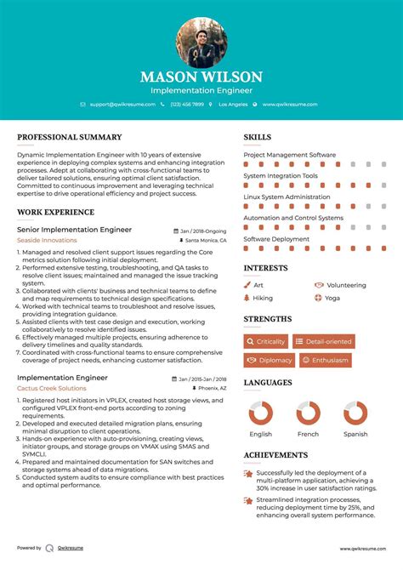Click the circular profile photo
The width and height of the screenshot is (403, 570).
pos(201,43)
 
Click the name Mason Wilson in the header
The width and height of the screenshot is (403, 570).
pos(201,77)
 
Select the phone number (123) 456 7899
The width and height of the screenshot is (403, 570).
pos(187,104)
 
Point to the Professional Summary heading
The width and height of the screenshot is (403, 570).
pos(69,137)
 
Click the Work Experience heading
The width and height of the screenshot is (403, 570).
pos(56,212)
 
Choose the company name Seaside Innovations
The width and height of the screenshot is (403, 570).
pos(47,240)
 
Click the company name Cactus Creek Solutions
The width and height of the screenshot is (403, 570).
pos(52,387)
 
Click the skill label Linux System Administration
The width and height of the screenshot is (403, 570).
pos(287,197)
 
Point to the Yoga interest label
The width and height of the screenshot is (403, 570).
pos(332,299)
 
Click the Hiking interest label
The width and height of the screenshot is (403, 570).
pos(263,299)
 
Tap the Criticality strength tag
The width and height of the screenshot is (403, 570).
pos(265,341)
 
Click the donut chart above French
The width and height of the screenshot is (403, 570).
pos(308,413)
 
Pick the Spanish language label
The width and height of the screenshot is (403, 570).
pos(355,434)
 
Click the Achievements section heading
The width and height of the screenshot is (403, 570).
pos(275,455)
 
